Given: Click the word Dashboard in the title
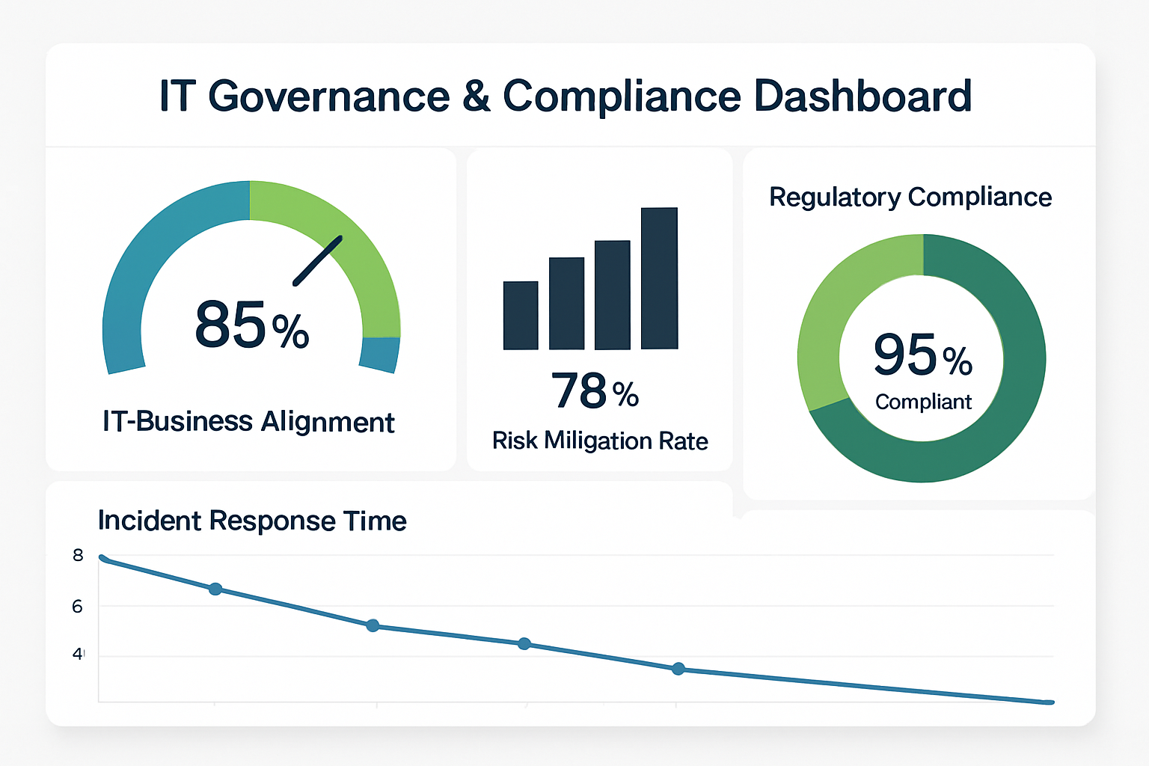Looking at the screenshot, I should (862, 96).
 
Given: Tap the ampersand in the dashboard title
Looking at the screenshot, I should (476, 96).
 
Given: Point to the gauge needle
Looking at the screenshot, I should (318, 260).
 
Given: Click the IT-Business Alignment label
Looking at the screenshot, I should (248, 422).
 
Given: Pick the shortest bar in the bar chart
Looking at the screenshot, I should (521, 315).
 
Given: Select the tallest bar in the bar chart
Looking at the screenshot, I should (659, 278).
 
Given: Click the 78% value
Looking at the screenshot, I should (595, 391).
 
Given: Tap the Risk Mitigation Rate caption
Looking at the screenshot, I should (600, 441).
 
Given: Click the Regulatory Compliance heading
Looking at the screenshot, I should (910, 197).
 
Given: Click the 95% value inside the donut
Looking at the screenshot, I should (922, 355).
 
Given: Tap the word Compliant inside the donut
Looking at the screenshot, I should (923, 402).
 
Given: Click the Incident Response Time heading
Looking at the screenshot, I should (252, 521).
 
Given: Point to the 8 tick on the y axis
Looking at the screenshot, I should (78, 556).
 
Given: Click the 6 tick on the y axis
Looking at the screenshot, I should (77, 607).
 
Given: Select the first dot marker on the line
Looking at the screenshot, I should (215, 589).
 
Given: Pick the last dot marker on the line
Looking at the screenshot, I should (678, 669).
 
